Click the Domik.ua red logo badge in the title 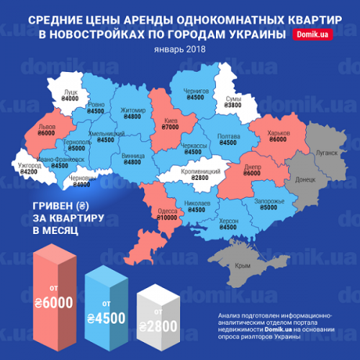pos(312,35)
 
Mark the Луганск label pos(327,153)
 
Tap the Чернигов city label pos(196,91)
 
